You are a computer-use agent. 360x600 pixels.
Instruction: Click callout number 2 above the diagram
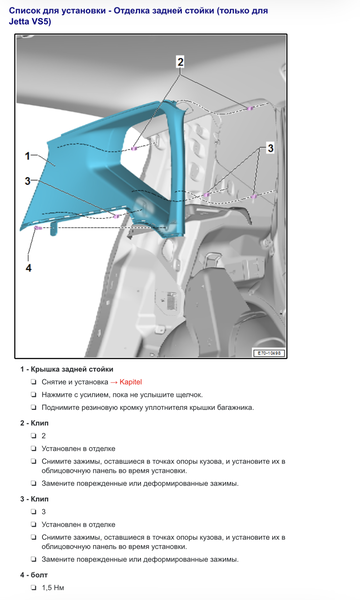pos(180,62)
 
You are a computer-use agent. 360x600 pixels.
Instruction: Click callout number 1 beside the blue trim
pos(27,156)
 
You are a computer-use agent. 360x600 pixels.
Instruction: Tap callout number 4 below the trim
pos(28,268)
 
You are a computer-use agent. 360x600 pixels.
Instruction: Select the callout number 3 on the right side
pos(270,148)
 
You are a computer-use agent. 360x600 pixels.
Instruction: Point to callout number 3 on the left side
pos(27,181)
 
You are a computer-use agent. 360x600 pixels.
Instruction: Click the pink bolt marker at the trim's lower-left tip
pos(37,228)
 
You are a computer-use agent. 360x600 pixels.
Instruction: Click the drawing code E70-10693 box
pos(269,353)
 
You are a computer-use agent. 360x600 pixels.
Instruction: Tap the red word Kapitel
pos(130,382)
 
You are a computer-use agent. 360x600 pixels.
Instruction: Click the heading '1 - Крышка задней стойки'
pos(67,369)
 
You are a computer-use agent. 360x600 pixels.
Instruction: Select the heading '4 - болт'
pos(34,575)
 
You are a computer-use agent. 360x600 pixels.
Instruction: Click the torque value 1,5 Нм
pos(53,587)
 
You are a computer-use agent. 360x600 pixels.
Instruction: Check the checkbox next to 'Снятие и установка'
pos(34,382)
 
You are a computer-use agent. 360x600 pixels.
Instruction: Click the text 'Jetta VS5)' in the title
pos(30,21)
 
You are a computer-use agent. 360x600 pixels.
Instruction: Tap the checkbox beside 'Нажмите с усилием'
pos(34,395)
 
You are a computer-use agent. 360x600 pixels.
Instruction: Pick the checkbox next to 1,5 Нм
pos(34,587)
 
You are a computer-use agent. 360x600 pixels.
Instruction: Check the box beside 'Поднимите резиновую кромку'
pos(34,408)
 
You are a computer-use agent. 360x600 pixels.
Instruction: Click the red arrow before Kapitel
pos(114,382)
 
